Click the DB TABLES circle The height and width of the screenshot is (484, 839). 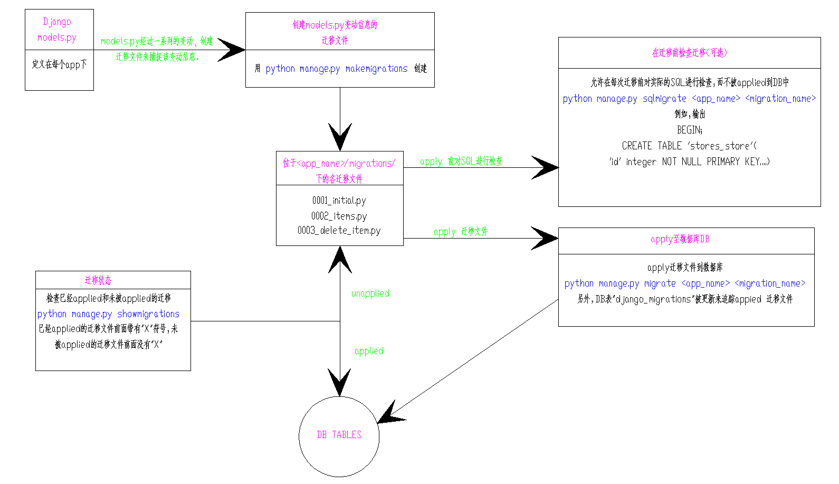(x=339, y=436)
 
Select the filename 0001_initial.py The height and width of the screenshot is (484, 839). (x=339, y=201)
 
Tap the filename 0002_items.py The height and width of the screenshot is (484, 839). (x=339, y=216)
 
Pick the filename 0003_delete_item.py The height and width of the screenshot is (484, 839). (x=339, y=231)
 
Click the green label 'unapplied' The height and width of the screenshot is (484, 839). (x=370, y=293)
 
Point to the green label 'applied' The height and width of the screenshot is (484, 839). (x=369, y=351)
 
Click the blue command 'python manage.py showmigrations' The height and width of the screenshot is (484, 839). (x=108, y=314)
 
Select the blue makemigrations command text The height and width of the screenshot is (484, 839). (x=336, y=69)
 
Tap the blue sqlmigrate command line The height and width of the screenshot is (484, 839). (x=689, y=99)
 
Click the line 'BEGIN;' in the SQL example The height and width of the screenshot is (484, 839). (x=689, y=130)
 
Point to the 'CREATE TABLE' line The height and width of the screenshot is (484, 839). (x=689, y=146)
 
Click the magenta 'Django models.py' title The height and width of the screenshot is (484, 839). (x=57, y=30)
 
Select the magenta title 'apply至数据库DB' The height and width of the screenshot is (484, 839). (x=680, y=239)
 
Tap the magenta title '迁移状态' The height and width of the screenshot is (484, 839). (x=98, y=280)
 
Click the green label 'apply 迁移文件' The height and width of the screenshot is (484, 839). (x=461, y=232)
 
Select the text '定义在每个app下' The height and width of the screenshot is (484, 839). (x=59, y=64)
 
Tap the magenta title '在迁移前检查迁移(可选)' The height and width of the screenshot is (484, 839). (x=689, y=53)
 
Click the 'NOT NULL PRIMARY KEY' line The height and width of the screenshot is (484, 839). (x=689, y=162)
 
